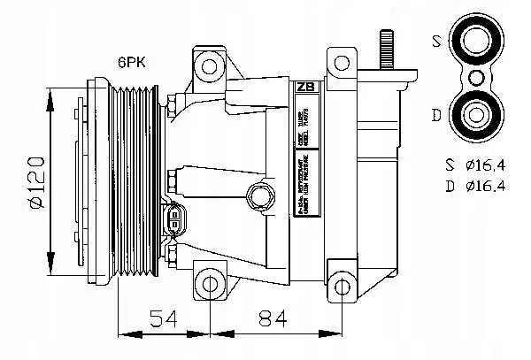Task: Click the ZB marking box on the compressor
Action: coord(304,87)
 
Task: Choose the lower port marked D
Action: coord(478,114)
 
